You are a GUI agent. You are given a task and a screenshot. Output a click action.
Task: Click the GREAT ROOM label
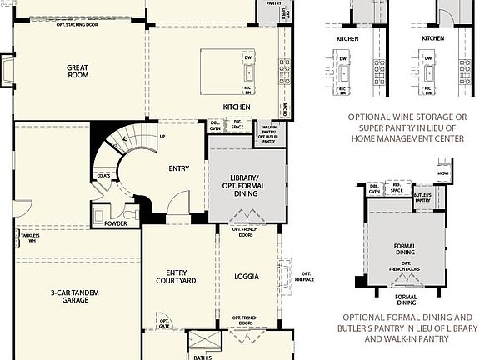point(78,70)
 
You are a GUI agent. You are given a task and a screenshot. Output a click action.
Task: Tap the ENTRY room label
point(178,168)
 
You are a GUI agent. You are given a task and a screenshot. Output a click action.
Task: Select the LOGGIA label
point(246,276)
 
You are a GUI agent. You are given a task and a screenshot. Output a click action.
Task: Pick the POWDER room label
point(116,223)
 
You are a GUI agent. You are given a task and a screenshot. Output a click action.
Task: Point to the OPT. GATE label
point(164,323)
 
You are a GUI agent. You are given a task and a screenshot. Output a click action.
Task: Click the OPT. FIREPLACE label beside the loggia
point(307,276)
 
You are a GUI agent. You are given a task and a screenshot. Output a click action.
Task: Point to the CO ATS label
point(102,177)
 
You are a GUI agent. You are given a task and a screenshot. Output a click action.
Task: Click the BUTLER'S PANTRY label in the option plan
point(423,197)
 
